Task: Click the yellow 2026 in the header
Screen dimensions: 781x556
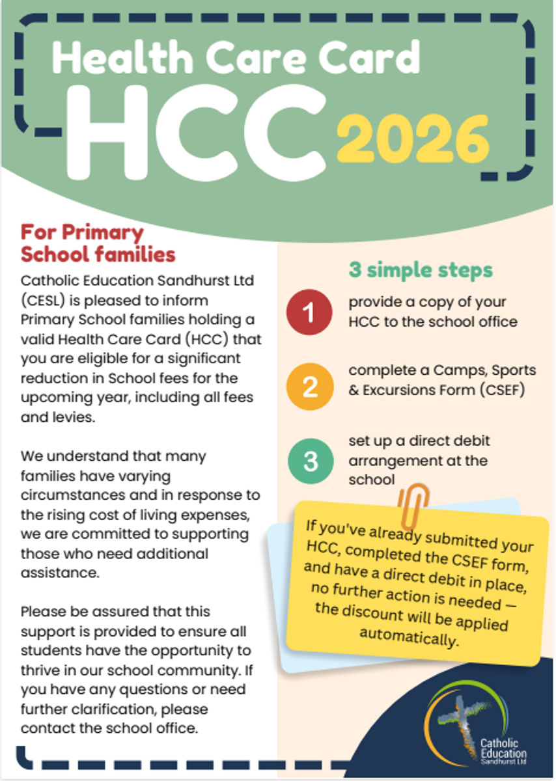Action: (413, 140)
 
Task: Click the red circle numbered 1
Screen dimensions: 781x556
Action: (309, 313)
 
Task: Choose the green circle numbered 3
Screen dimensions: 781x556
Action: (310, 461)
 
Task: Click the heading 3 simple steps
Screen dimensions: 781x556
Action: (421, 269)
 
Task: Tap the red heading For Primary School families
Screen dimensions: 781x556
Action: (98, 243)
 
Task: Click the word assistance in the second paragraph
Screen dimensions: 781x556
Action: (57, 574)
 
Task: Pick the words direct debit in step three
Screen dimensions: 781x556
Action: (454, 441)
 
